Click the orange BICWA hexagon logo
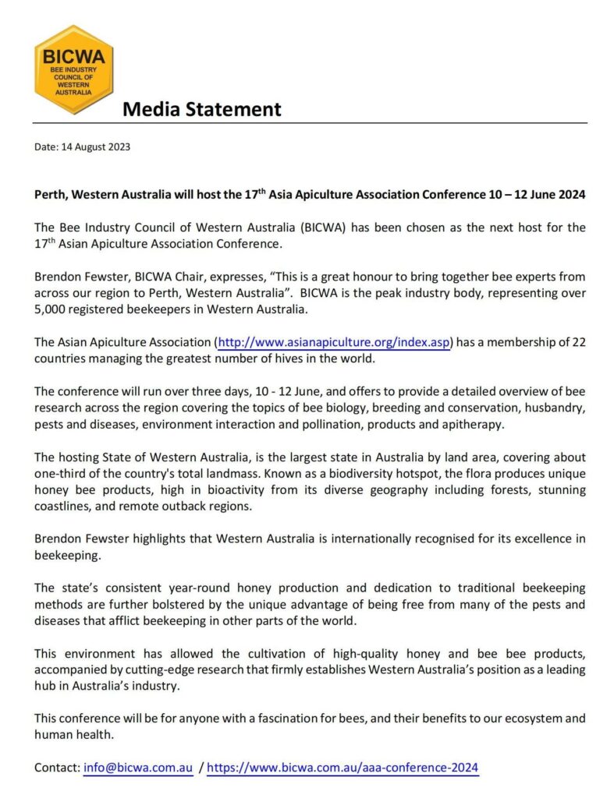74,69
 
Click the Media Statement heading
201,109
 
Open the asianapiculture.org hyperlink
334,342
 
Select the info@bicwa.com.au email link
138,768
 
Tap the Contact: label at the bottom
56,768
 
